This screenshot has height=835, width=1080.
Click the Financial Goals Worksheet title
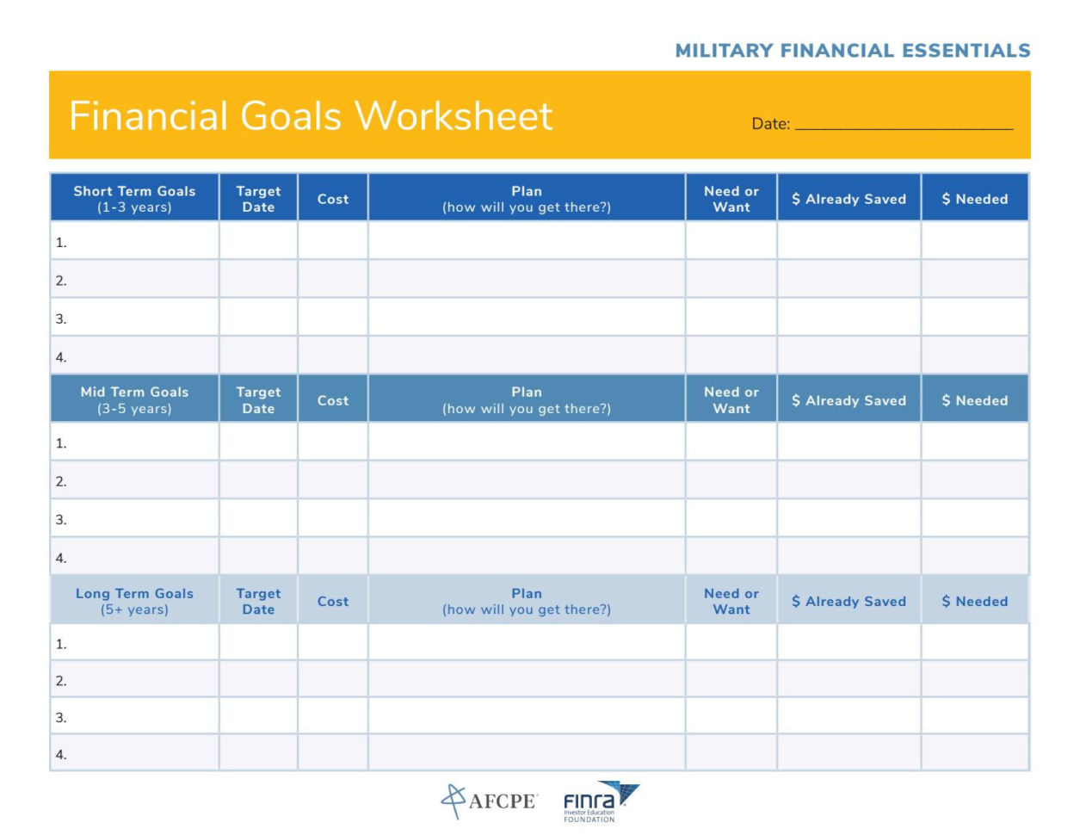[310, 116]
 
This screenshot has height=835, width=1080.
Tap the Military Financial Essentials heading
[852, 51]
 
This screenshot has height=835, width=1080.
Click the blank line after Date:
[904, 125]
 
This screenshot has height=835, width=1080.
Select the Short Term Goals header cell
[134, 199]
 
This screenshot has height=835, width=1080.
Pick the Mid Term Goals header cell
[134, 399]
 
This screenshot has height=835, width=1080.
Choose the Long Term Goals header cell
[134, 601]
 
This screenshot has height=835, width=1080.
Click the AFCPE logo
[489, 801]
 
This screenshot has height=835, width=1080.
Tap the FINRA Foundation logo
[601, 801]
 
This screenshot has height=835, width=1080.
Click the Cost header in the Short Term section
[333, 199]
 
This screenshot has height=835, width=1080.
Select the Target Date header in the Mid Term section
[258, 399]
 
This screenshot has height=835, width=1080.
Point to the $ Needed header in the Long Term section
[974, 601]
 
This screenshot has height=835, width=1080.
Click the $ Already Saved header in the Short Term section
[849, 199]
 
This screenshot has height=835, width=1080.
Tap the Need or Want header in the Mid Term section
[731, 399]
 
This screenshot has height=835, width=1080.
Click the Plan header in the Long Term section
[527, 601]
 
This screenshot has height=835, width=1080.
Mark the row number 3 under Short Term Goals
[61, 319]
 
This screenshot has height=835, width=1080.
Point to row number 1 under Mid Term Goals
[61, 443]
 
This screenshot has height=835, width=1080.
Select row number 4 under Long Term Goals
[61, 754]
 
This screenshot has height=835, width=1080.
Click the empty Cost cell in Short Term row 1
[333, 241]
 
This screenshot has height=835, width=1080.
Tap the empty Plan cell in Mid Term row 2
[527, 480]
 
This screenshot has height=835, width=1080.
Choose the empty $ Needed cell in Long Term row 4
[974, 753]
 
